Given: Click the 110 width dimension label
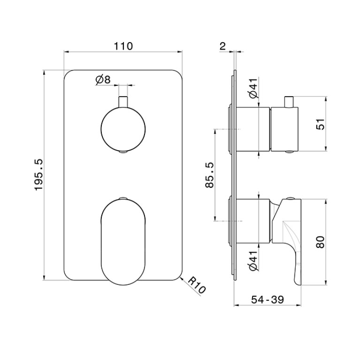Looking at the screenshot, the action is point(123,46).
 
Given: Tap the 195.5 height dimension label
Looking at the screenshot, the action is point(39,175).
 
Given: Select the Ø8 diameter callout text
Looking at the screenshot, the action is point(103,80).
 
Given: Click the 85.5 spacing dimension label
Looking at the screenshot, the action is point(209,175).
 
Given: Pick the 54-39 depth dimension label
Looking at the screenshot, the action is point(268,299).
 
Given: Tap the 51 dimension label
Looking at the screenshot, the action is point(321,124).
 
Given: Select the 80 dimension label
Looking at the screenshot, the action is point(321,242).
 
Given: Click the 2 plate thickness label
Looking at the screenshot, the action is point(222,46).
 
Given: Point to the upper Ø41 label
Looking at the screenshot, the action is point(254,88).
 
